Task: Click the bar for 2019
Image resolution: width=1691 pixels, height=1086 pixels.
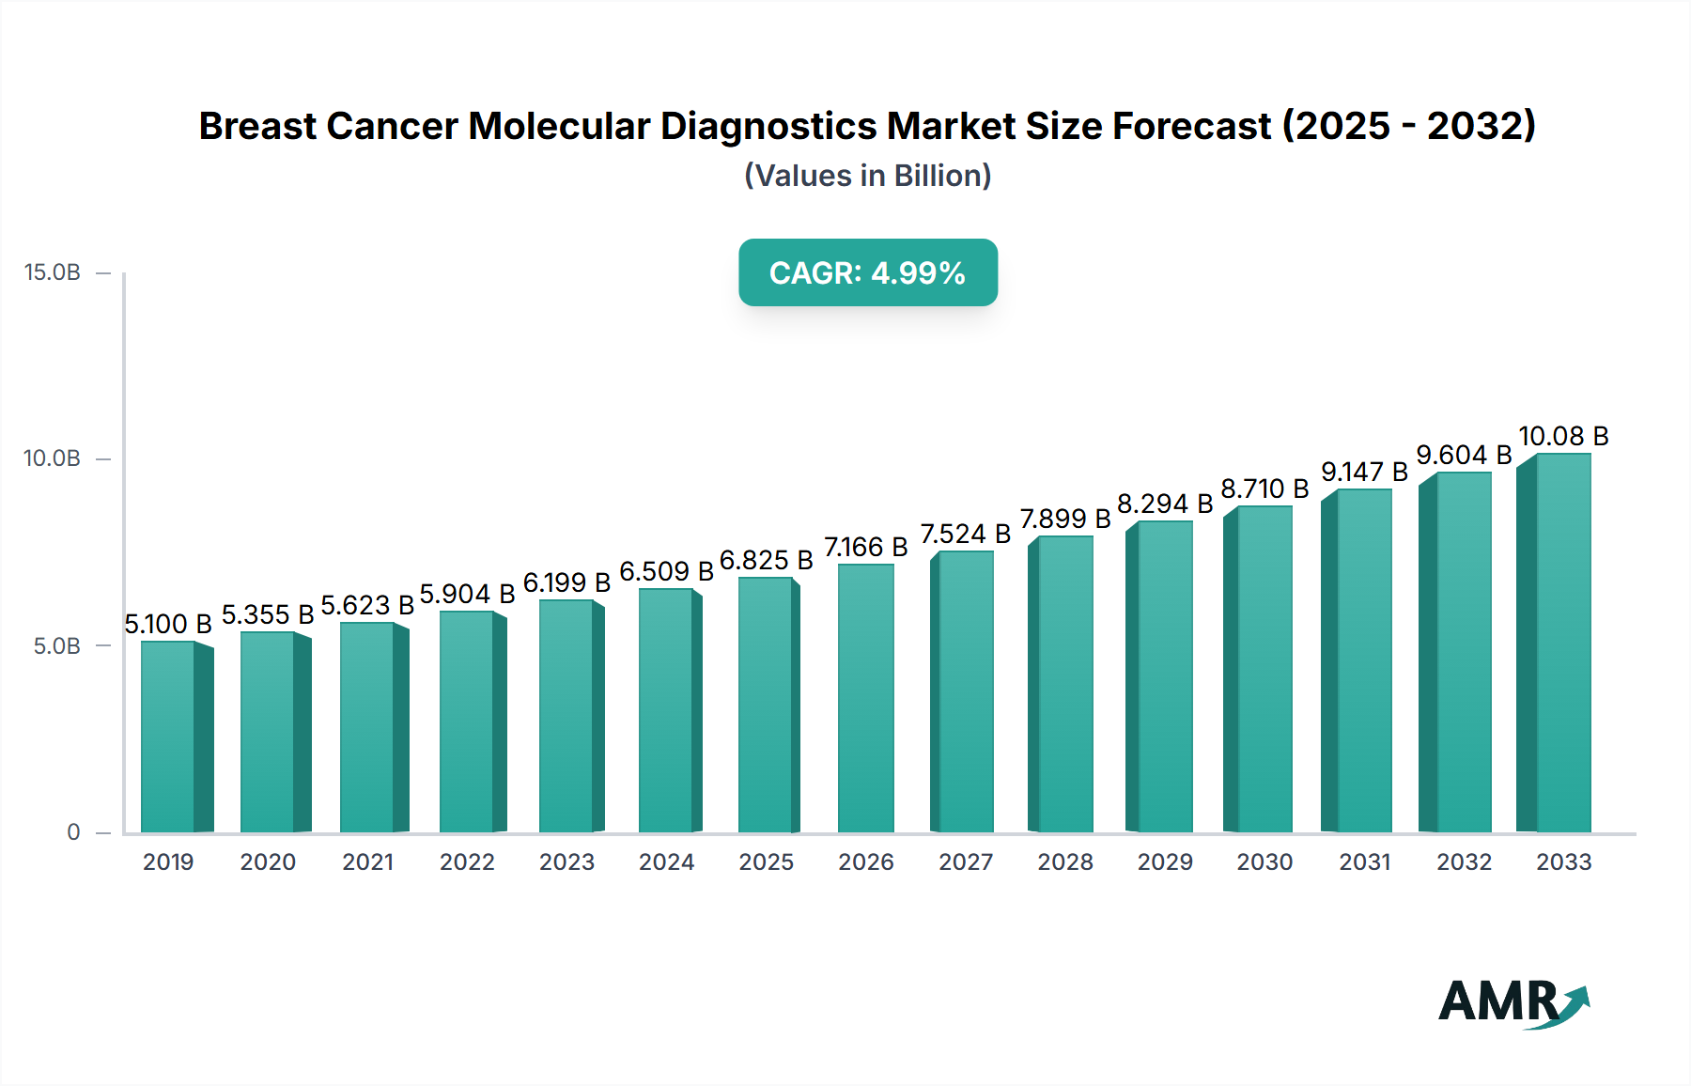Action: coord(168,737)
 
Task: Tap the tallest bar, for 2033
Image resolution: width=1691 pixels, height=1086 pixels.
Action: coord(1562,644)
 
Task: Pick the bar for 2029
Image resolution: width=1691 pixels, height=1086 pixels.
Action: coord(1164,676)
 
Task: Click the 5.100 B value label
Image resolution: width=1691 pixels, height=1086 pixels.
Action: coord(168,624)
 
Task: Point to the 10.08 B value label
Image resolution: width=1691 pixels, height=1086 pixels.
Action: coord(1563,436)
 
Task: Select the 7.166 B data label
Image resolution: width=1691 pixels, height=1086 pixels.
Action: coord(865,547)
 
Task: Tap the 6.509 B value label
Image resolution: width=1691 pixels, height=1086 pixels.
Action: coord(666,571)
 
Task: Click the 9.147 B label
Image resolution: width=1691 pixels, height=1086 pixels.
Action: coord(1364,472)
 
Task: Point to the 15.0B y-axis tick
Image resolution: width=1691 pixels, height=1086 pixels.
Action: coord(53,272)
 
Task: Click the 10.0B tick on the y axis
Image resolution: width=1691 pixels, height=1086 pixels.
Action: coord(53,458)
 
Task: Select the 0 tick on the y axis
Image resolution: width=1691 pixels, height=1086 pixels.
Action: coord(73,832)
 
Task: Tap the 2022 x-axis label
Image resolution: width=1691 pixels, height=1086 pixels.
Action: coord(467,861)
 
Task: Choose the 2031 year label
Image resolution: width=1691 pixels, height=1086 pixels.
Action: coord(1364,861)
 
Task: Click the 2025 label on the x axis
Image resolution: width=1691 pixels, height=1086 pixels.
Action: coord(766,861)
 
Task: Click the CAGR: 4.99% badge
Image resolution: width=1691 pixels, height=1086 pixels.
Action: coord(867,272)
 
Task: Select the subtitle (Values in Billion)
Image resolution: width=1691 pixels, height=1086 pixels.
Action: coord(867,176)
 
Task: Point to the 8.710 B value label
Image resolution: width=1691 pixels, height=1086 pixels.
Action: coord(1264,489)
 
